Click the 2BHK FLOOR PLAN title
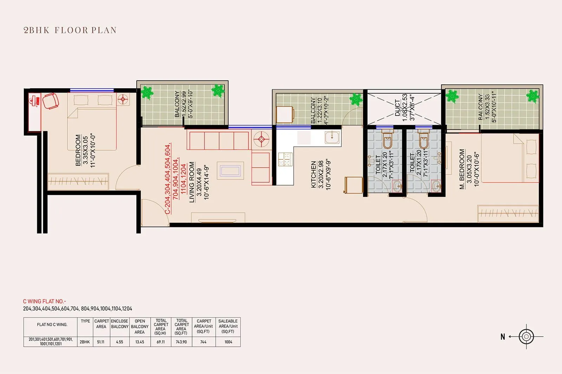point(70,30)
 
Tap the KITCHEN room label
point(314,175)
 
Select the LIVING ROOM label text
point(192,182)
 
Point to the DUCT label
point(397,108)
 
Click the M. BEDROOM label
point(462,170)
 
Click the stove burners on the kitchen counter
point(285,159)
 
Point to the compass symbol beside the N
point(526,336)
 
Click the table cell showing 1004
point(228,342)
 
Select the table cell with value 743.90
point(182,342)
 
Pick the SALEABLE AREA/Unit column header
point(228,326)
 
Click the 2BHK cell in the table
point(85,342)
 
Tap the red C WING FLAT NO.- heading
point(45,301)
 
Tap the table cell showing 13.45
point(139,342)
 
